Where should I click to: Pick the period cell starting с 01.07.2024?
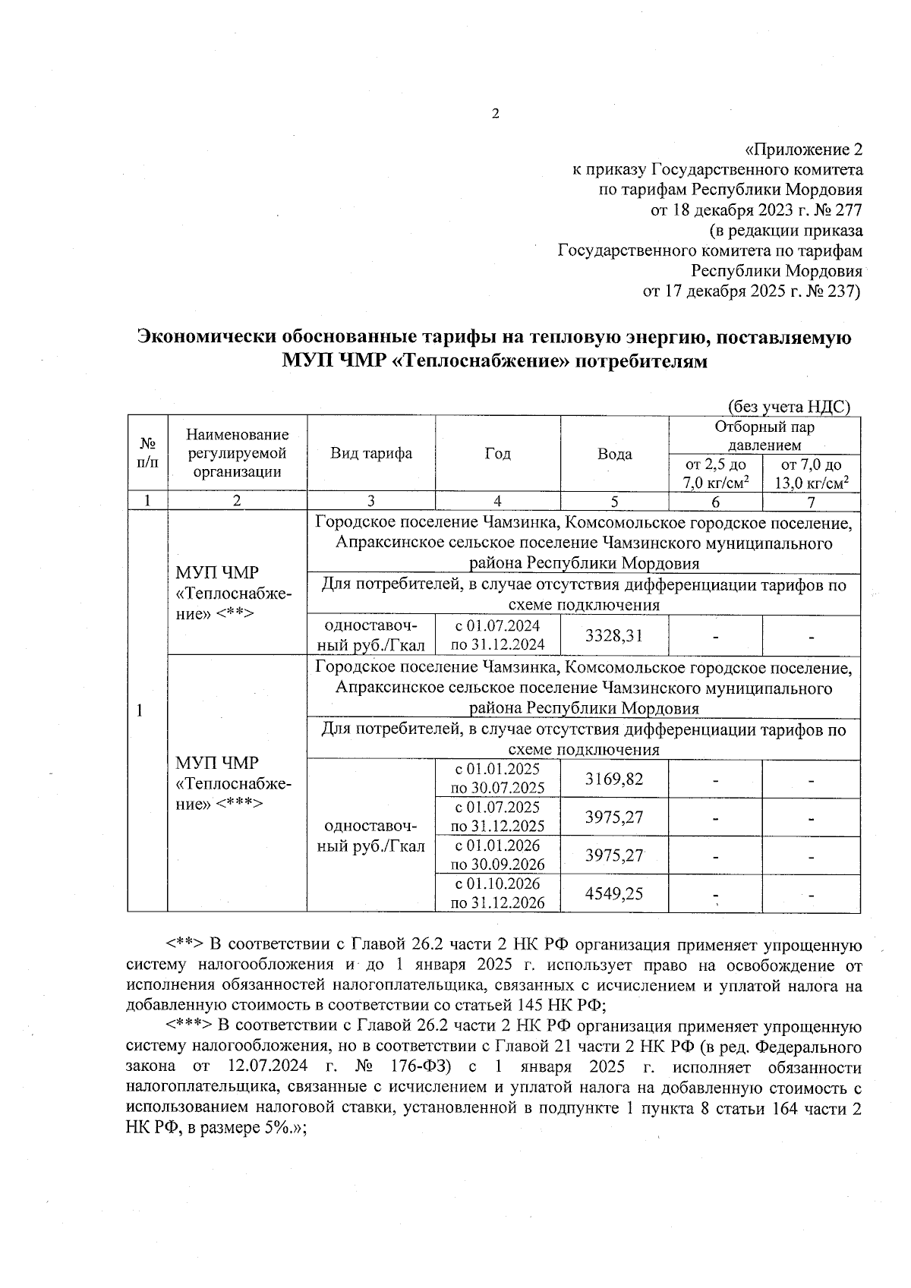[x=497, y=635]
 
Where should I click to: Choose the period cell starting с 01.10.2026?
[x=497, y=893]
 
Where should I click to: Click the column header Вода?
[x=614, y=454]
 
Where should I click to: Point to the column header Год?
[x=497, y=454]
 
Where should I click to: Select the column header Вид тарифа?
[x=370, y=454]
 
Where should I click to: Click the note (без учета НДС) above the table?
[x=789, y=407]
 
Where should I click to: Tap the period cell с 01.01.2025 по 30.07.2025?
[x=497, y=779]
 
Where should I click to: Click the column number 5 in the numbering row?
[x=614, y=501]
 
